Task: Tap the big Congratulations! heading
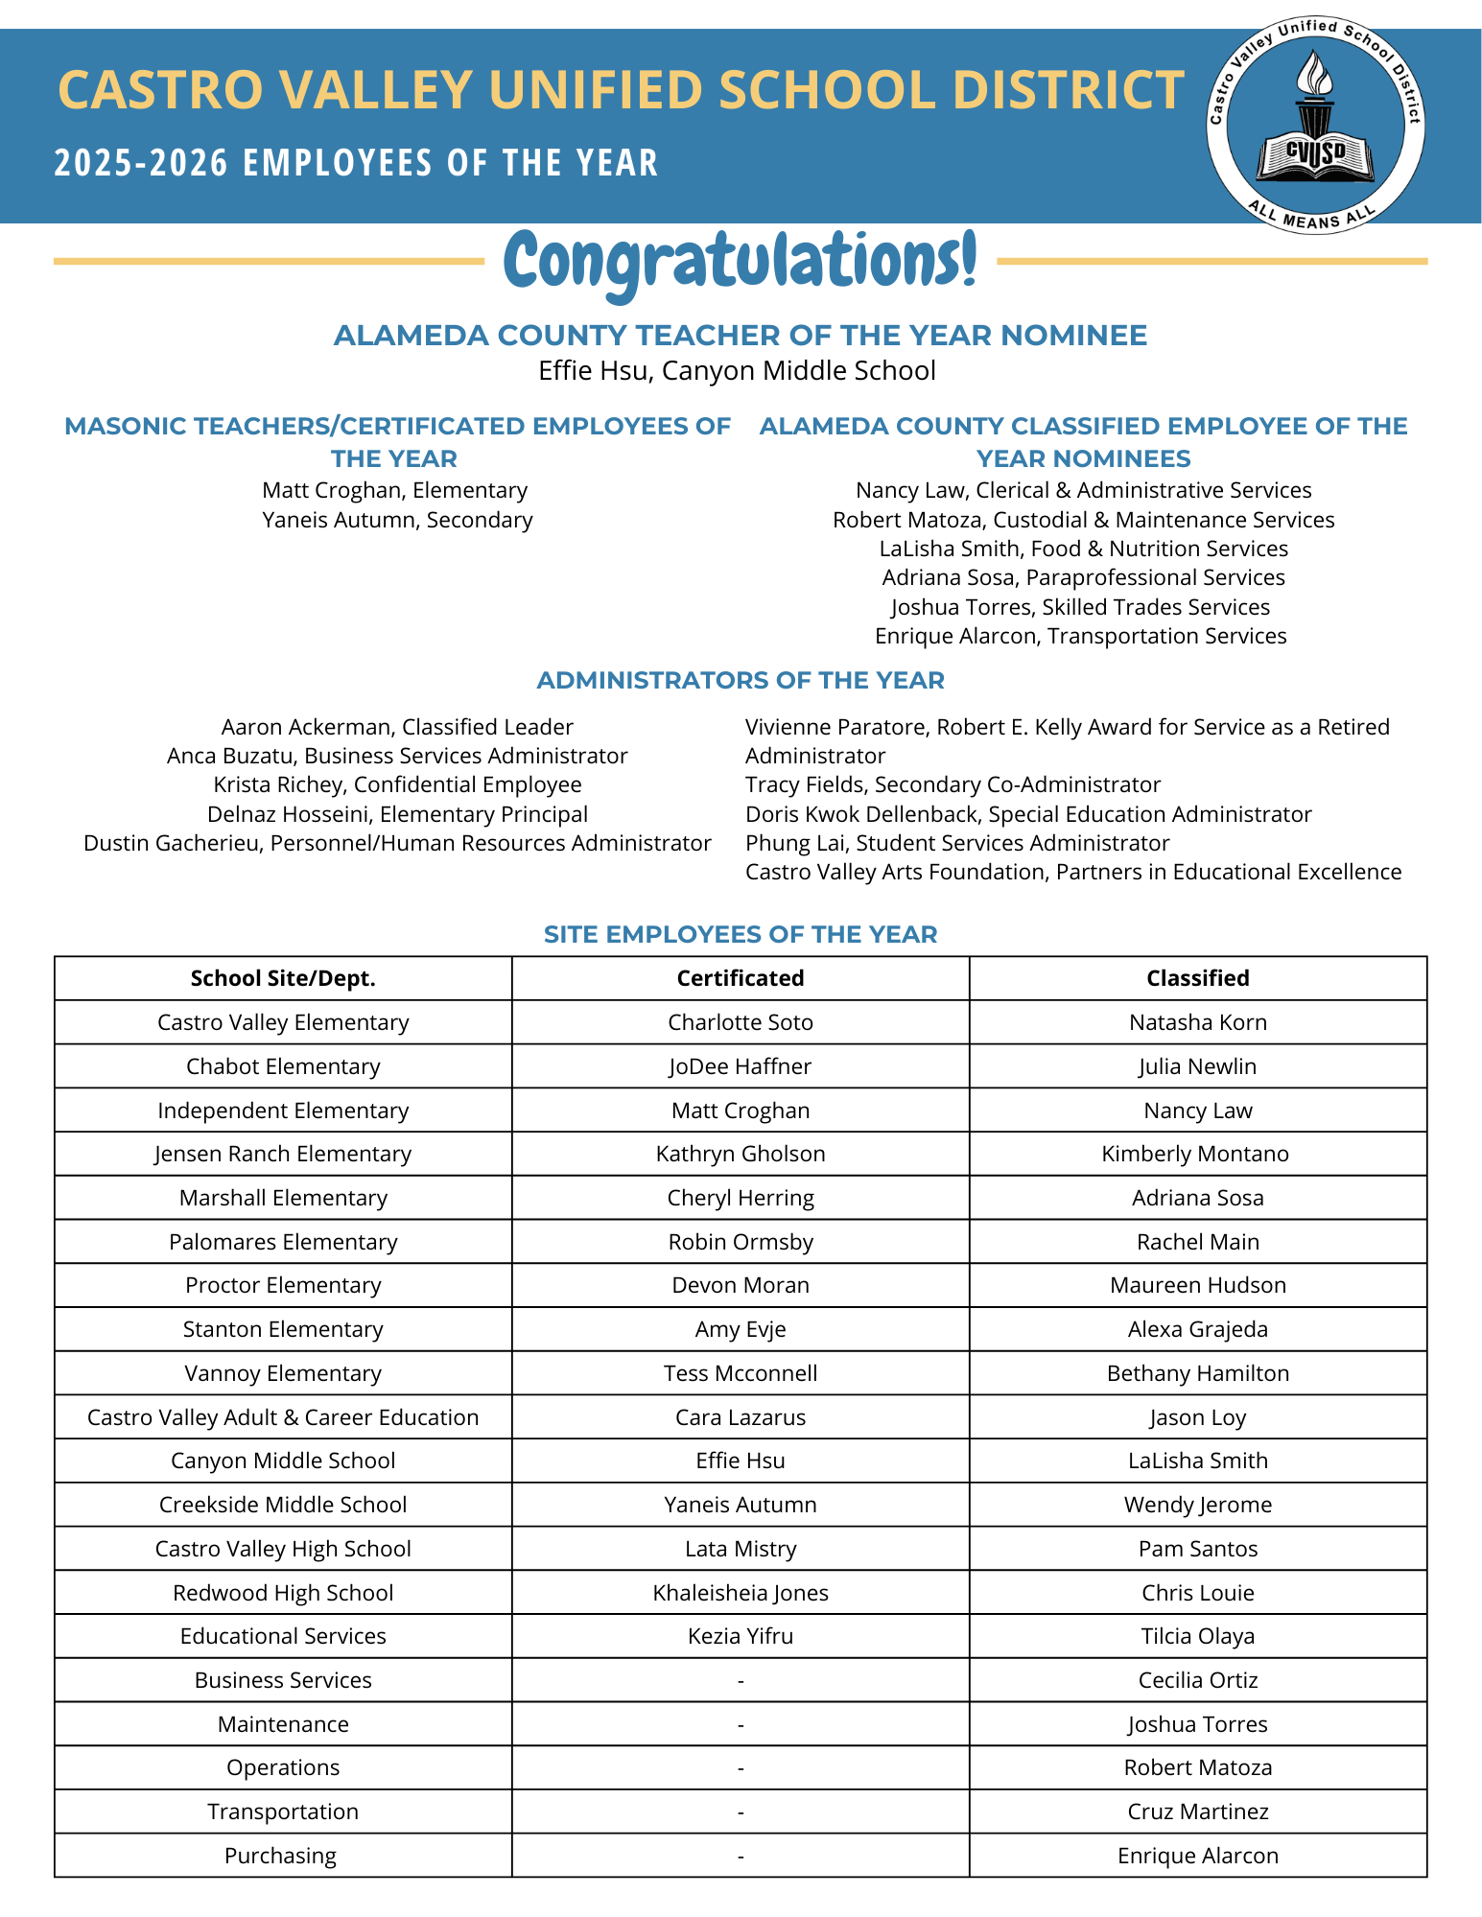(x=741, y=261)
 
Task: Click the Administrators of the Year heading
(x=741, y=681)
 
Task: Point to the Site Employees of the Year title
(x=741, y=934)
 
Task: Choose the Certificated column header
(x=741, y=978)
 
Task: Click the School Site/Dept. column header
(x=283, y=978)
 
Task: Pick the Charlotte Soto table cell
(x=741, y=1022)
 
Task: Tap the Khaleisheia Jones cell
(x=741, y=1593)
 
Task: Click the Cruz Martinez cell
(x=1198, y=1812)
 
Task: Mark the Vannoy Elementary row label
(x=283, y=1373)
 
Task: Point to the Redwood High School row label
(x=283, y=1593)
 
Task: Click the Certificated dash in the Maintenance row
(x=741, y=1725)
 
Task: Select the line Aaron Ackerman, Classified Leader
(x=397, y=727)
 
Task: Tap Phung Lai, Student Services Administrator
(x=957, y=843)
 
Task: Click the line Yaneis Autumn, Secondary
(x=397, y=520)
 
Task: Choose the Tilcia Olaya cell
(x=1198, y=1636)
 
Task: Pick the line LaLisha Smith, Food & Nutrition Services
(x=1084, y=549)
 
